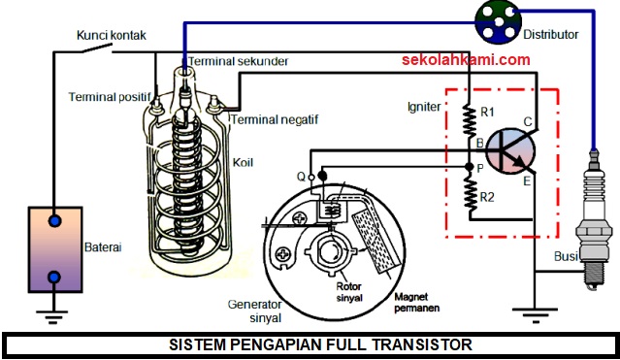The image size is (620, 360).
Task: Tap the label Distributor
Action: point(550,35)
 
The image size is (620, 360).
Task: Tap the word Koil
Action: point(245,163)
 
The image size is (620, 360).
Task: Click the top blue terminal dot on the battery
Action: point(56,222)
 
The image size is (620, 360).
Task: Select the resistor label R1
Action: point(489,115)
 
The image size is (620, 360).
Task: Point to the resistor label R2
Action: point(489,198)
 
